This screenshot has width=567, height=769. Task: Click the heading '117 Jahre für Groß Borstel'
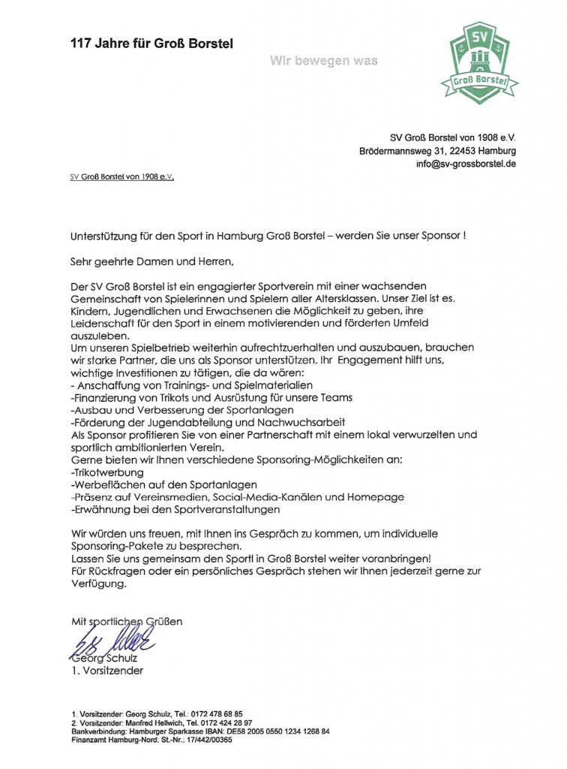tap(151, 44)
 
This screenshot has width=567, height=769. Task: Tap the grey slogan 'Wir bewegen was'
tap(324, 60)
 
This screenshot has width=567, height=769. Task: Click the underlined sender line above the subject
tap(121, 178)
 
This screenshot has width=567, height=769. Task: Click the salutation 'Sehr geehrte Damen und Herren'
tap(152, 262)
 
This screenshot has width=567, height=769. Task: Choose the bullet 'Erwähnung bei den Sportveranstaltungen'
tap(175, 509)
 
